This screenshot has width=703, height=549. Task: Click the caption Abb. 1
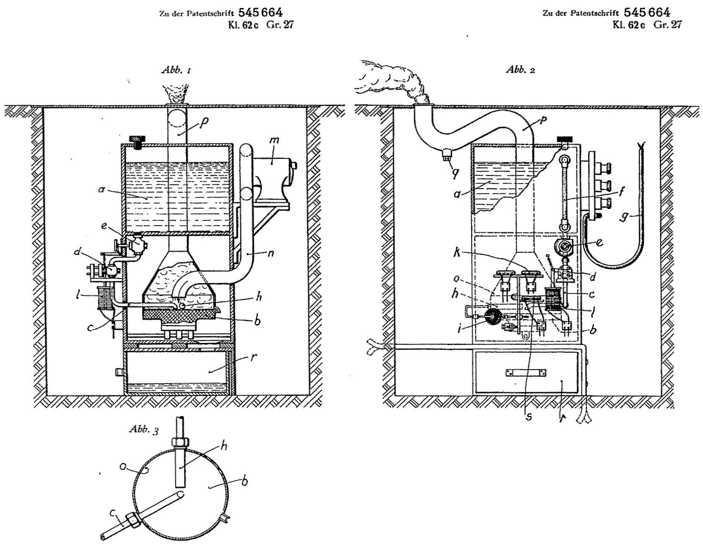pos(176,70)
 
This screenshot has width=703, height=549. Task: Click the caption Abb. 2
pos(520,70)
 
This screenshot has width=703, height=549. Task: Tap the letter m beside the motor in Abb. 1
pos(274,140)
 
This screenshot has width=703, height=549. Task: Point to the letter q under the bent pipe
pos(455,174)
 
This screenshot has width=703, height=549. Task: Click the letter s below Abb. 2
pos(528,416)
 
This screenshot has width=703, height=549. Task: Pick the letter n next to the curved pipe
pos(270,253)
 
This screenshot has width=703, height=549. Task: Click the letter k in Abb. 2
pos(457,252)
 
